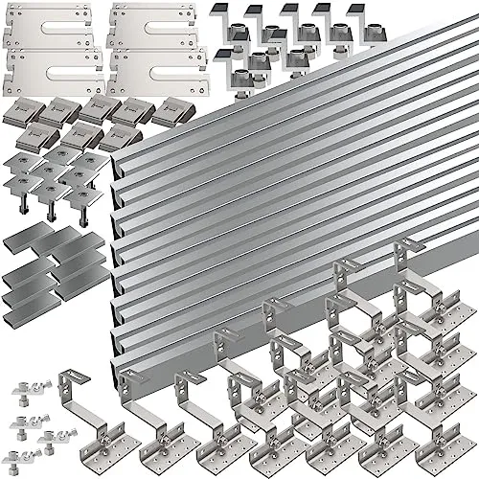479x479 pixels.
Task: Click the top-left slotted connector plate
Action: click(48, 27)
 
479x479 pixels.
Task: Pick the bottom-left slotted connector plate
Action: click(48, 73)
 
